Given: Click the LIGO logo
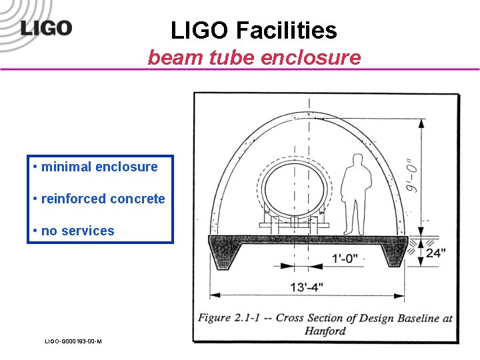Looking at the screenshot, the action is pos(46,28).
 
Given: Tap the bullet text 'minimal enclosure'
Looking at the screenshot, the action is pos(99,167).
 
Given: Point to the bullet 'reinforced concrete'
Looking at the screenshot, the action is pos(103,199).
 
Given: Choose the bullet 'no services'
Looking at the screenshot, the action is pos(77,231).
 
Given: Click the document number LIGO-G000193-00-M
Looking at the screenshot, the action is pos(73,341).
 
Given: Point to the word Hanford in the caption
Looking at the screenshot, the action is pos(325,331).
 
